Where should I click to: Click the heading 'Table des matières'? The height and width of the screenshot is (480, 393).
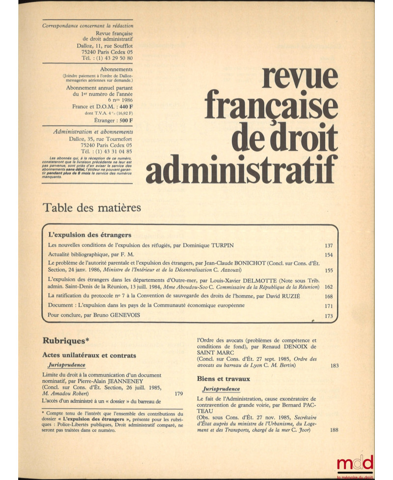(92, 208)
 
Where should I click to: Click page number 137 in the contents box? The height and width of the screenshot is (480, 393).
(329, 245)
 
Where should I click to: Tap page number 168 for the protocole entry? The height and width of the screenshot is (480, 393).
(329, 296)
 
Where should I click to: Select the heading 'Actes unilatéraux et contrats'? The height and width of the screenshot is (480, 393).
(89, 355)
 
